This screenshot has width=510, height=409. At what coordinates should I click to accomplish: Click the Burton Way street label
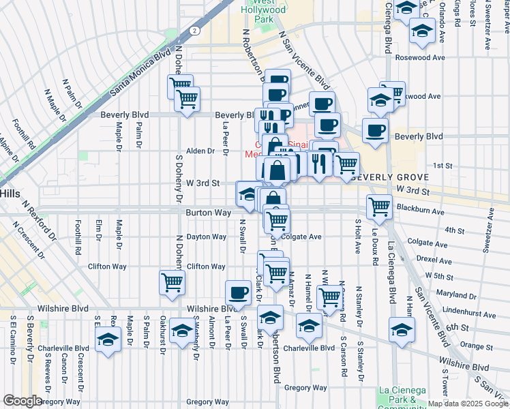pos(209,213)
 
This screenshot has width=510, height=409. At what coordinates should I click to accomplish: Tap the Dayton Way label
pos(207,237)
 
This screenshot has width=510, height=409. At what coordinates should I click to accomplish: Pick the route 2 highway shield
pos(195,31)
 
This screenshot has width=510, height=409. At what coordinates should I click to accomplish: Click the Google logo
pos(22,401)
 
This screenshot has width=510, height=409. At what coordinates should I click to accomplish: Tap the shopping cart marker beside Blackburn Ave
pos(379,206)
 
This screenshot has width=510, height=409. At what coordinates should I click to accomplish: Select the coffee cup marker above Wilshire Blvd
pos(238,292)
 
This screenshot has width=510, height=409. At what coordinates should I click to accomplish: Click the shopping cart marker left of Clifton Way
pos(172,282)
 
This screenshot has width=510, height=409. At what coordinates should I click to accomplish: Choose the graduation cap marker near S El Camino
pos(107,340)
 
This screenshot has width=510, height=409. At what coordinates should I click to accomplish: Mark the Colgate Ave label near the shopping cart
pos(301,237)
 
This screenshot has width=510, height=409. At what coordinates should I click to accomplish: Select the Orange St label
pos(476,346)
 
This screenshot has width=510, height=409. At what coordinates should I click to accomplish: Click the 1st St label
pos(443,166)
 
